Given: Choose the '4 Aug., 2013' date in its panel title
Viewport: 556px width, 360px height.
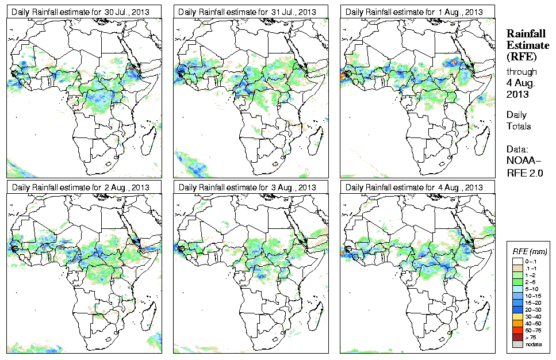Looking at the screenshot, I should pos(460,187).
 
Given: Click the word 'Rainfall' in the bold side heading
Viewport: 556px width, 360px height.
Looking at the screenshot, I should pos(525,35).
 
